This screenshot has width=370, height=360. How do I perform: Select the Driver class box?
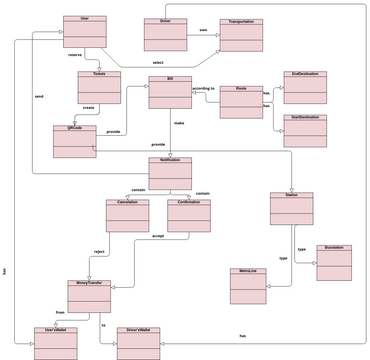[x=165, y=34]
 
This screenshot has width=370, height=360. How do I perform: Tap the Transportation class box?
[x=241, y=34]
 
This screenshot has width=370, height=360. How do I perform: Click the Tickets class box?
[x=99, y=88]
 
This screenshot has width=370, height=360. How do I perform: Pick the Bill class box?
[x=170, y=92]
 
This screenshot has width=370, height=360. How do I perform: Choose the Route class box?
[x=241, y=102]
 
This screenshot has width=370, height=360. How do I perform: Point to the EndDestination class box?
[x=305, y=86]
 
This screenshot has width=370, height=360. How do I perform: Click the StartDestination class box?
[x=305, y=130]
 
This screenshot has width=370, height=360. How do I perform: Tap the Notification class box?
[x=170, y=173]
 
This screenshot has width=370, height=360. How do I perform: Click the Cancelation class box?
[x=127, y=216]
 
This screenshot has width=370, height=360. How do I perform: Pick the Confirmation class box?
[x=188, y=216]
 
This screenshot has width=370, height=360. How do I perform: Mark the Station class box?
[x=291, y=210]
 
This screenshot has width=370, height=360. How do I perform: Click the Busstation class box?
[x=334, y=262]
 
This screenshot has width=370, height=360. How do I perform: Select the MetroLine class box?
[x=247, y=285]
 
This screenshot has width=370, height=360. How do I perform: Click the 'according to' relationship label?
[x=203, y=89]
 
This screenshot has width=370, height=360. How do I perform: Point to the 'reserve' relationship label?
[x=75, y=54]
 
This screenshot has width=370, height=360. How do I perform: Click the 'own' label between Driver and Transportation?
[x=204, y=30]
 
